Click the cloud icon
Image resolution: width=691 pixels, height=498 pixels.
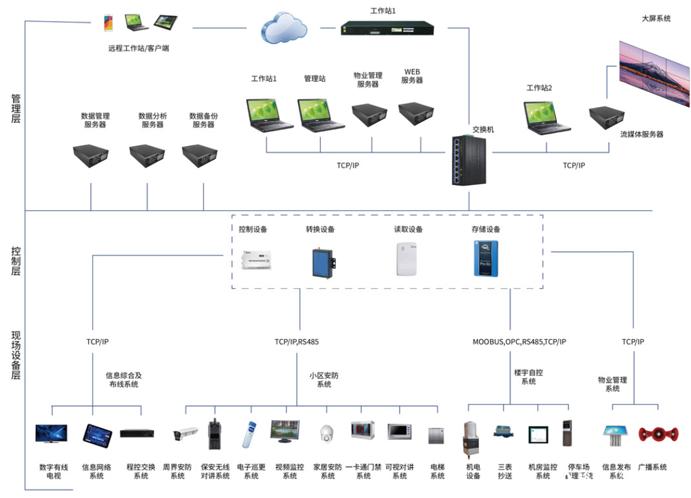(x=281, y=28)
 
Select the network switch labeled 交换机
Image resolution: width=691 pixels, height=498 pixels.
(x=468, y=160)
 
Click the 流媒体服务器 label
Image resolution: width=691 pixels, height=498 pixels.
(x=642, y=134)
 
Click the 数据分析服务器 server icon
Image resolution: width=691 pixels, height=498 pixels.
(x=149, y=156)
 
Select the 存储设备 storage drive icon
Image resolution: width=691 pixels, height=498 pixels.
(x=485, y=259)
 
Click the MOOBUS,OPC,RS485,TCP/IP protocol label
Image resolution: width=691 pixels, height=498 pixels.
(x=519, y=341)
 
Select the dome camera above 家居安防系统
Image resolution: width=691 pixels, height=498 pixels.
(x=326, y=434)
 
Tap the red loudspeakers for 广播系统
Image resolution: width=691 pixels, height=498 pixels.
(x=653, y=434)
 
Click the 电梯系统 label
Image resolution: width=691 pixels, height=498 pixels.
(x=438, y=471)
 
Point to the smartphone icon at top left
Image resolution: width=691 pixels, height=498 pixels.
(x=108, y=24)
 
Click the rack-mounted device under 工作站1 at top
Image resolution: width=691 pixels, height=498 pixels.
(x=388, y=28)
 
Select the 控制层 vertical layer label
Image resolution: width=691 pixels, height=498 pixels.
(x=16, y=260)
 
